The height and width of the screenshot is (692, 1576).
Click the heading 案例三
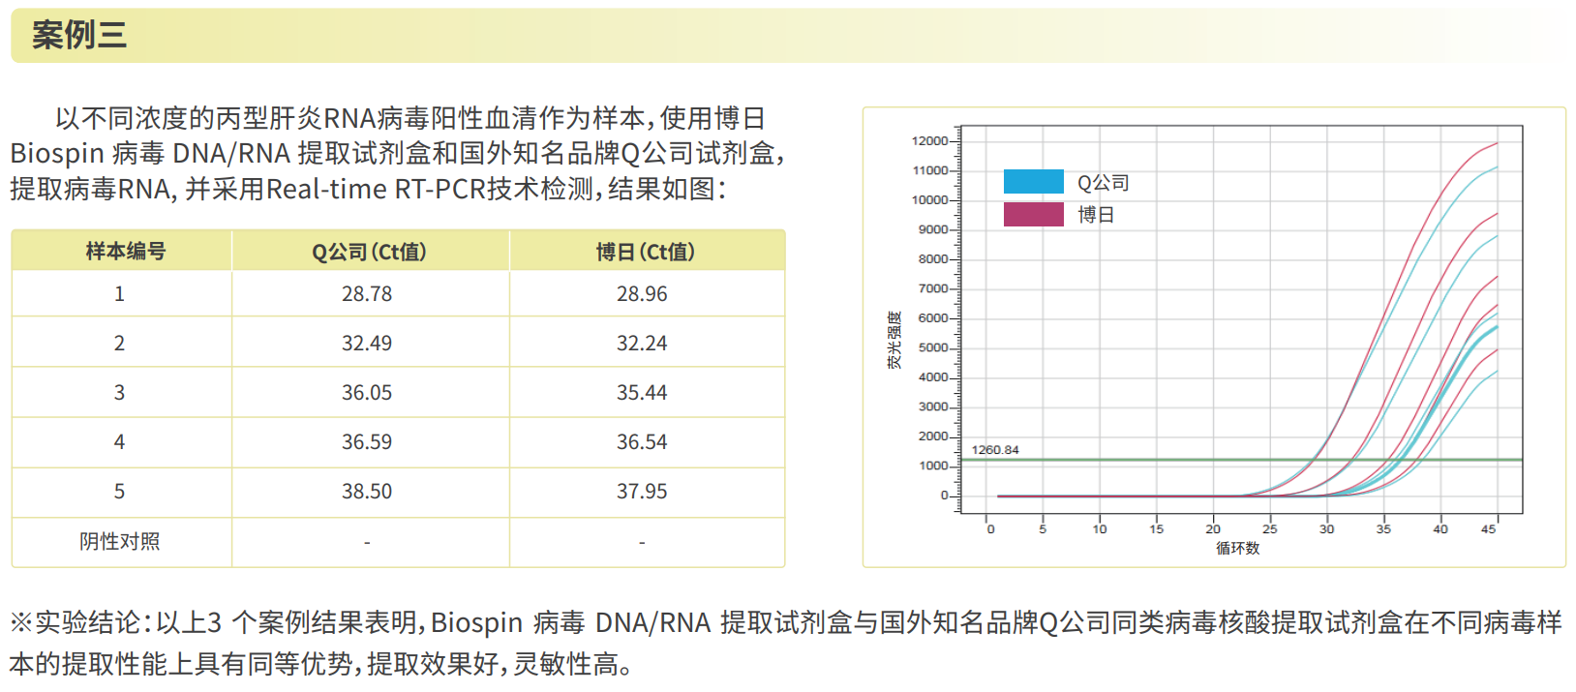pyautogui.click(x=79, y=36)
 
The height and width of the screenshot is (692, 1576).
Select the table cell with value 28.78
pyautogui.click(x=367, y=294)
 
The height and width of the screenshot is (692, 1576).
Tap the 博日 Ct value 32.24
pyautogui.click(x=642, y=344)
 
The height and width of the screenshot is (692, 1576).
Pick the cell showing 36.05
pyautogui.click(x=367, y=393)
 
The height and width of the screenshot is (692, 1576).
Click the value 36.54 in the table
pyautogui.click(x=642, y=442)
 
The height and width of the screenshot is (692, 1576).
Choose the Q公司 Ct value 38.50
pyautogui.click(x=367, y=492)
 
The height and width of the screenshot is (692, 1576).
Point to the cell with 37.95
pyautogui.click(x=642, y=492)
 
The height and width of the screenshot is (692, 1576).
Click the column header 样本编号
pyautogui.click(x=126, y=252)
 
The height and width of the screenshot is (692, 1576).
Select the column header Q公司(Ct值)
pyautogui.click(x=369, y=253)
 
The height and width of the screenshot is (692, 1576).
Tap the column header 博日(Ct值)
pyautogui.click(x=645, y=253)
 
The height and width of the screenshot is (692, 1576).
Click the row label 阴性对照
pyautogui.click(x=120, y=542)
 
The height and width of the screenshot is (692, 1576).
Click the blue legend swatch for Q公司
pyautogui.click(x=1033, y=182)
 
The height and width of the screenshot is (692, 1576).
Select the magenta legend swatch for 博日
pyautogui.click(x=1033, y=214)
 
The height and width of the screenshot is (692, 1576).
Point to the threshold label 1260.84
pyautogui.click(x=995, y=450)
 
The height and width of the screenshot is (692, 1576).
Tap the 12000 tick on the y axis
pyautogui.click(x=929, y=141)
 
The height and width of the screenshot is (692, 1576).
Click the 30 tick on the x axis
pyautogui.click(x=1326, y=529)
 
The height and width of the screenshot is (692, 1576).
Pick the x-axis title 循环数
pyautogui.click(x=1237, y=549)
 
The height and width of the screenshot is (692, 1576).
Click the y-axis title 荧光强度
pyautogui.click(x=894, y=340)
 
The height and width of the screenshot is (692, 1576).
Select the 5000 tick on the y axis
pyautogui.click(x=933, y=348)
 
